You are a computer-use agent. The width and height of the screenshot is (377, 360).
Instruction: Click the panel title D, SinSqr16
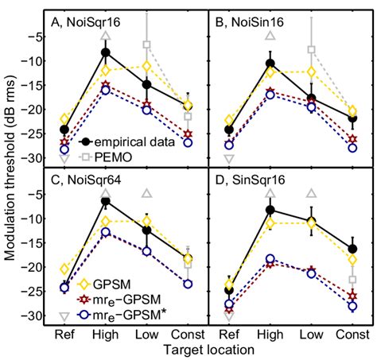[x=247, y=180]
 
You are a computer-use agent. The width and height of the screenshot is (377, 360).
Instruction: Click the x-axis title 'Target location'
[x=209, y=349]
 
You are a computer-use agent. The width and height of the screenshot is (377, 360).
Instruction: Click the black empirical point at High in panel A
[x=105, y=52]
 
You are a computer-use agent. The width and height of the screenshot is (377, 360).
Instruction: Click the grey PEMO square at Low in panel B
[x=312, y=50]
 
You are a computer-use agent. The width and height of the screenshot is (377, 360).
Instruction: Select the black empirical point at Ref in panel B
[x=229, y=130]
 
